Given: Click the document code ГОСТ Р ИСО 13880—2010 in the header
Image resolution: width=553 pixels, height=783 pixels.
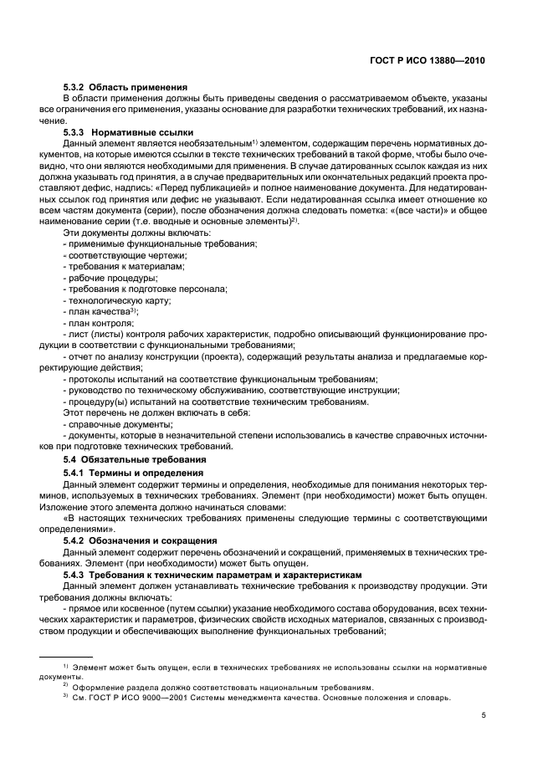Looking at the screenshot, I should click(x=427, y=61).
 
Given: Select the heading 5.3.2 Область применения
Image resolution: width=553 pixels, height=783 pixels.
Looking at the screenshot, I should click(x=125, y=88).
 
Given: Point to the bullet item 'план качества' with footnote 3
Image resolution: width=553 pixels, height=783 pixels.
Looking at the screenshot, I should click(x=101, y=310).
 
